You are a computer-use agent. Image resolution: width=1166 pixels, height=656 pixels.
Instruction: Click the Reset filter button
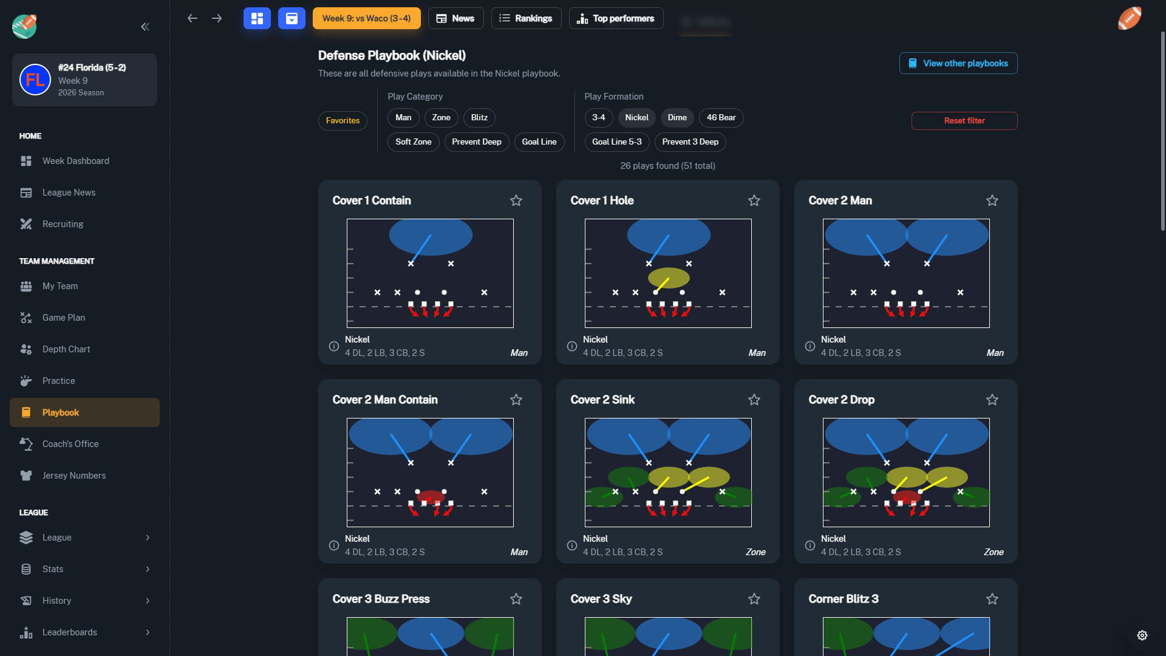(964, 121)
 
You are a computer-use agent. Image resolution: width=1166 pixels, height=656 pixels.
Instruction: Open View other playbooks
(958, 63)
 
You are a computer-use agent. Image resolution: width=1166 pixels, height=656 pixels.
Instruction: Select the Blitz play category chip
(479, 118)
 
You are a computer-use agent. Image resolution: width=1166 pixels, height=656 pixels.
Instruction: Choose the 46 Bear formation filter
(720, 118)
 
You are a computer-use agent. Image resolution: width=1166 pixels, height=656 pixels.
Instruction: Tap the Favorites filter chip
(343, 121)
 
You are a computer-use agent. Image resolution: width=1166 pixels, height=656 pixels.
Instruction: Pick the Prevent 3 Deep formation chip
(689, 142)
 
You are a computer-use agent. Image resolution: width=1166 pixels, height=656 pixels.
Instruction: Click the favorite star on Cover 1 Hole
(754, 200)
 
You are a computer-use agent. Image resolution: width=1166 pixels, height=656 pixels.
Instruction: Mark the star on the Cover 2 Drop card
(992, 400)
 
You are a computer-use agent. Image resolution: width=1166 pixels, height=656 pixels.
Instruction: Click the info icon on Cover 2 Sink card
(571, 545)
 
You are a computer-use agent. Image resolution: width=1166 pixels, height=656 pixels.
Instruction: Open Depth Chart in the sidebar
(66, 349)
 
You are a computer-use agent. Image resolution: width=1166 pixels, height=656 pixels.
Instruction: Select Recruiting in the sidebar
(63, 224)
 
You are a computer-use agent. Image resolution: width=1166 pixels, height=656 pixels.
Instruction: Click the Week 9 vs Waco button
(366, 18)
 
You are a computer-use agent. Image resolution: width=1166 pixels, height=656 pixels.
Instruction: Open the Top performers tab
(616, 18)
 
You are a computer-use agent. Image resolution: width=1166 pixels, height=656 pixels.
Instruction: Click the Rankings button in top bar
(526, 18)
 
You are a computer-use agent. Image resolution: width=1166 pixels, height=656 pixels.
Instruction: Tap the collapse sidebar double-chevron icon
(145, 27)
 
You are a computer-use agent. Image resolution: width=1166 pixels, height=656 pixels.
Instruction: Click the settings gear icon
(1142, 635)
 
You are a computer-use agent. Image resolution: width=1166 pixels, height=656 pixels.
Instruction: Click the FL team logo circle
(35, 80)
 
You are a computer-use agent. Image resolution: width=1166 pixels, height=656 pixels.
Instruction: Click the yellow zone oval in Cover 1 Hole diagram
(669, 278)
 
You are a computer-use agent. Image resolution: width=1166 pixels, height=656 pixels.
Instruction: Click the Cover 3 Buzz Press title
(381, 599)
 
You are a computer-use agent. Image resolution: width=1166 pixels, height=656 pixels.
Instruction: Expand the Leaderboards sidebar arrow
(148, 632)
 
